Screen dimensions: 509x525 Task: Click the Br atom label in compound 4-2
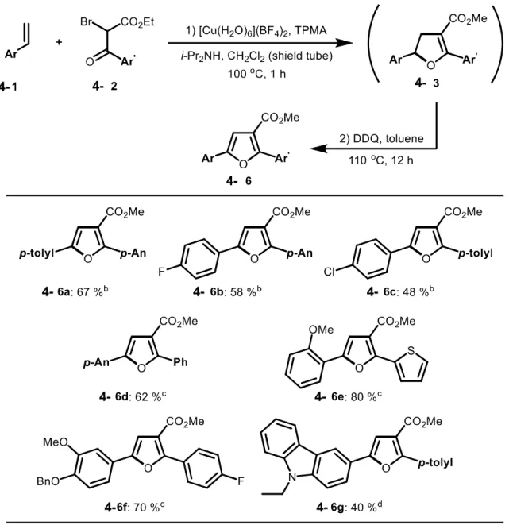[87, 21]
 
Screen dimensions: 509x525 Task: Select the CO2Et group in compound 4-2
[137, 22]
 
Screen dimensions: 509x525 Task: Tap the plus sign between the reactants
[59, 42]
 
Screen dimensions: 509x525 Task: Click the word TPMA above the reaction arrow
[310, 30]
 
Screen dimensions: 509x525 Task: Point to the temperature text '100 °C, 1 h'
[256, 74]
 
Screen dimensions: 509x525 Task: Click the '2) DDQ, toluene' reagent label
[381, 138]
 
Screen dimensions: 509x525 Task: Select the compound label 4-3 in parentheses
[426, 83]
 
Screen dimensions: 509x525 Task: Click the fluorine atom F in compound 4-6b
[161, 272]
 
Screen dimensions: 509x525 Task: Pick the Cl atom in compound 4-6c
[329, 272]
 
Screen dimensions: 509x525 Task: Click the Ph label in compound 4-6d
[180, 362]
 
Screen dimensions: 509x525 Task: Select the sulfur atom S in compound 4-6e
[411, 351]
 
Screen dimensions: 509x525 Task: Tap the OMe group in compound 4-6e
[321, 330]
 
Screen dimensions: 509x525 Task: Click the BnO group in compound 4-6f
[48, 481]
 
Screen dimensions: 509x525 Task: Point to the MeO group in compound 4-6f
[56, 442]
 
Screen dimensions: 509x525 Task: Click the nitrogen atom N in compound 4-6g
[292, 477]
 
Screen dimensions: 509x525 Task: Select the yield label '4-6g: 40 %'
[349, 508]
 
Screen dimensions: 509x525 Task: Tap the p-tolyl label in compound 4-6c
[476, 253]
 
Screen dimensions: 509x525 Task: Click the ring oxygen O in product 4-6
[244, 164]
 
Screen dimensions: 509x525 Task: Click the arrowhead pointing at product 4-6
[318, 149]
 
